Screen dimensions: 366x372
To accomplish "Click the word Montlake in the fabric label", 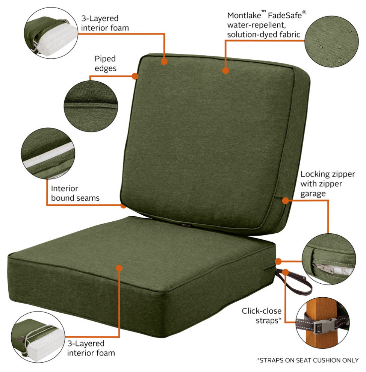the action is coord(244,15).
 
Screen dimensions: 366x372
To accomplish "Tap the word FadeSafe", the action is coord(284,15).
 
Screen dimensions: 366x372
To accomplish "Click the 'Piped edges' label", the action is coord(106,64).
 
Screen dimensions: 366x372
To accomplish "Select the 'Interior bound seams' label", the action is coord(75,193).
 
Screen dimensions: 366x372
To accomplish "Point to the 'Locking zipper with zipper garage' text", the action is coord(328,184).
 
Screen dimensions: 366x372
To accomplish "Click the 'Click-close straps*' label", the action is coord(262,316).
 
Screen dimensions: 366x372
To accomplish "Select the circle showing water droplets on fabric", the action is coord(331,41).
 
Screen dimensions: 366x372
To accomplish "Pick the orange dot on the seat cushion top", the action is coord(119,268).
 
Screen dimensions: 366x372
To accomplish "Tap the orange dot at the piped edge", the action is coord(135,76).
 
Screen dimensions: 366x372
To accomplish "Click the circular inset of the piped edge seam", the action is coord(91,106).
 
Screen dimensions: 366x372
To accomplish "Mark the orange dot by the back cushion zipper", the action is coord(286,201).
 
